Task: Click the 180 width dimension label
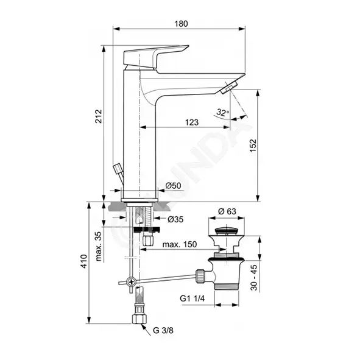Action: pos(181,24)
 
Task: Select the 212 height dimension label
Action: pos(99,116)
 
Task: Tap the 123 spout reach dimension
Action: pos(192,122)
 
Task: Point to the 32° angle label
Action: pos(223,112)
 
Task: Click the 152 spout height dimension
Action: pos(253,146)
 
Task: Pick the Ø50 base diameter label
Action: pos(174,185)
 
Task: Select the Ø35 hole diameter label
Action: pos(175,219)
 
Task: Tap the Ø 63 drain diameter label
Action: pos(227,211)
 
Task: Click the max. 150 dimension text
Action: pos(180,244)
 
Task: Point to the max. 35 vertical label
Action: pos(98,246)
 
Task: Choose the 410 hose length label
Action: pos(84,261)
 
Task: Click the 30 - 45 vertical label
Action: pos(253,278)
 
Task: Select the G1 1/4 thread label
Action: pos(192,298)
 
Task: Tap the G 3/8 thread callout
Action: pos(163,330)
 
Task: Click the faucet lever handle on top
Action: pos(156,56)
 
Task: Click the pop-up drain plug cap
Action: pos(226,230)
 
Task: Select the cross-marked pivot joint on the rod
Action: pos(132,281)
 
